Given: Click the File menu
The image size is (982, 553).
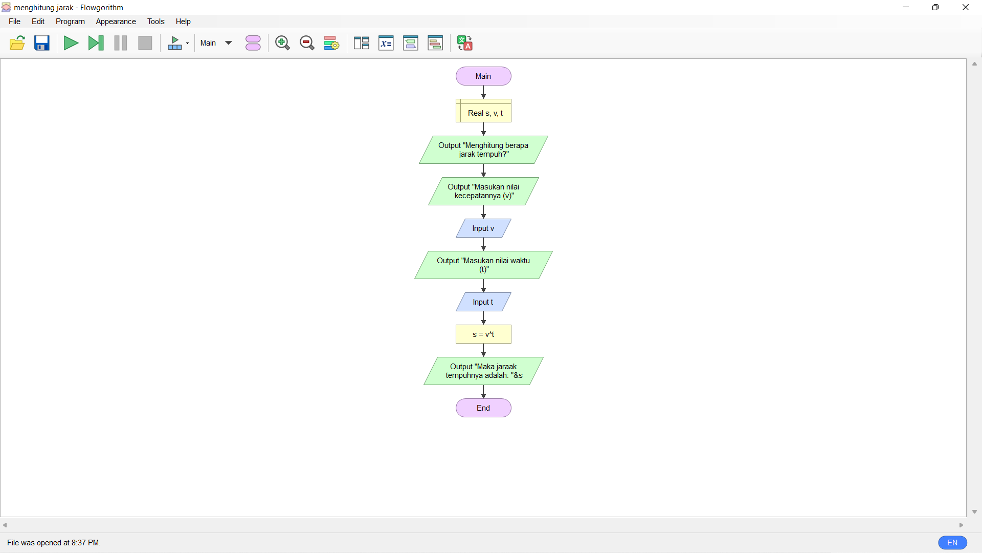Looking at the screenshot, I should point(14,22).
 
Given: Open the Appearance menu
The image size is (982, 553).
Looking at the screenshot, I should point(116,22).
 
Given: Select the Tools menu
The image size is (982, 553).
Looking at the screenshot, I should point(155,22).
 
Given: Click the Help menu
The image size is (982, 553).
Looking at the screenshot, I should point(183,22).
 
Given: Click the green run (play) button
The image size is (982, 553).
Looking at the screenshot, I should point(71,43).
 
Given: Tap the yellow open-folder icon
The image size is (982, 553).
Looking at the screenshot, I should point(17,43).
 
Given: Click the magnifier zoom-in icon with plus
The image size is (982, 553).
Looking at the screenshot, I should point(282,43).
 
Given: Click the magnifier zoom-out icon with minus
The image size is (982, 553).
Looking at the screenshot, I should point(307,43).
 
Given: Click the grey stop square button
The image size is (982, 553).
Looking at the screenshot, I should point(145,43).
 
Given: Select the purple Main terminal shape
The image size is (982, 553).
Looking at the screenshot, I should point(483,76).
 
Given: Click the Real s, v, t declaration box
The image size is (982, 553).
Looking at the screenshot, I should point(483,111).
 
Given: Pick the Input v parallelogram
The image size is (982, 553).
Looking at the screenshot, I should point(483,228).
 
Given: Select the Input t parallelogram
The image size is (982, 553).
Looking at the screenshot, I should point(483,302).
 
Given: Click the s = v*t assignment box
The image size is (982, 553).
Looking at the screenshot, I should point(483,334).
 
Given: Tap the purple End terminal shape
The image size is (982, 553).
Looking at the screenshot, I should point(483,408).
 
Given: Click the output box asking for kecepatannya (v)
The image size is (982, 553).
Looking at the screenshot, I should point(483,192).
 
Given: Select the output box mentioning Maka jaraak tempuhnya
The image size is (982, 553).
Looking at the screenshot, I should point(483,371).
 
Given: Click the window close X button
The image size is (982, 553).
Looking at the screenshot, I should point(966,8).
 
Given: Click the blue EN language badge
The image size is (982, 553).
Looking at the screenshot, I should point(952,543).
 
